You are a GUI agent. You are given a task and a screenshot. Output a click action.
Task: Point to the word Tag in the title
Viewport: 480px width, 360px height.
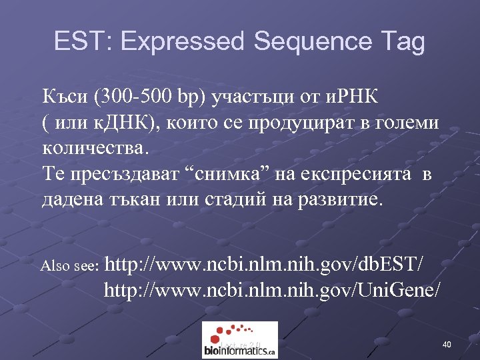pyautogui.click(x=402, y=41)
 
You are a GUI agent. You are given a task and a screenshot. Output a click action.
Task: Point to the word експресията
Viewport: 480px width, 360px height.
pyautogui.click(x=360, y=175)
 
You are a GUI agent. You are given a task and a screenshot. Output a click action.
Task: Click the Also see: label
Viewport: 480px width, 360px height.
pyautogui.click(x=70, y=266)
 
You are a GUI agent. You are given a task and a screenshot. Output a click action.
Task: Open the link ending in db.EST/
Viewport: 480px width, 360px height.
pyautogui.click(x=265, y=265)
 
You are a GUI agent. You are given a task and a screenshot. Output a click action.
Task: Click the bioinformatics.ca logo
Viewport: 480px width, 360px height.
pyautogui.click(x=239, y=340)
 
